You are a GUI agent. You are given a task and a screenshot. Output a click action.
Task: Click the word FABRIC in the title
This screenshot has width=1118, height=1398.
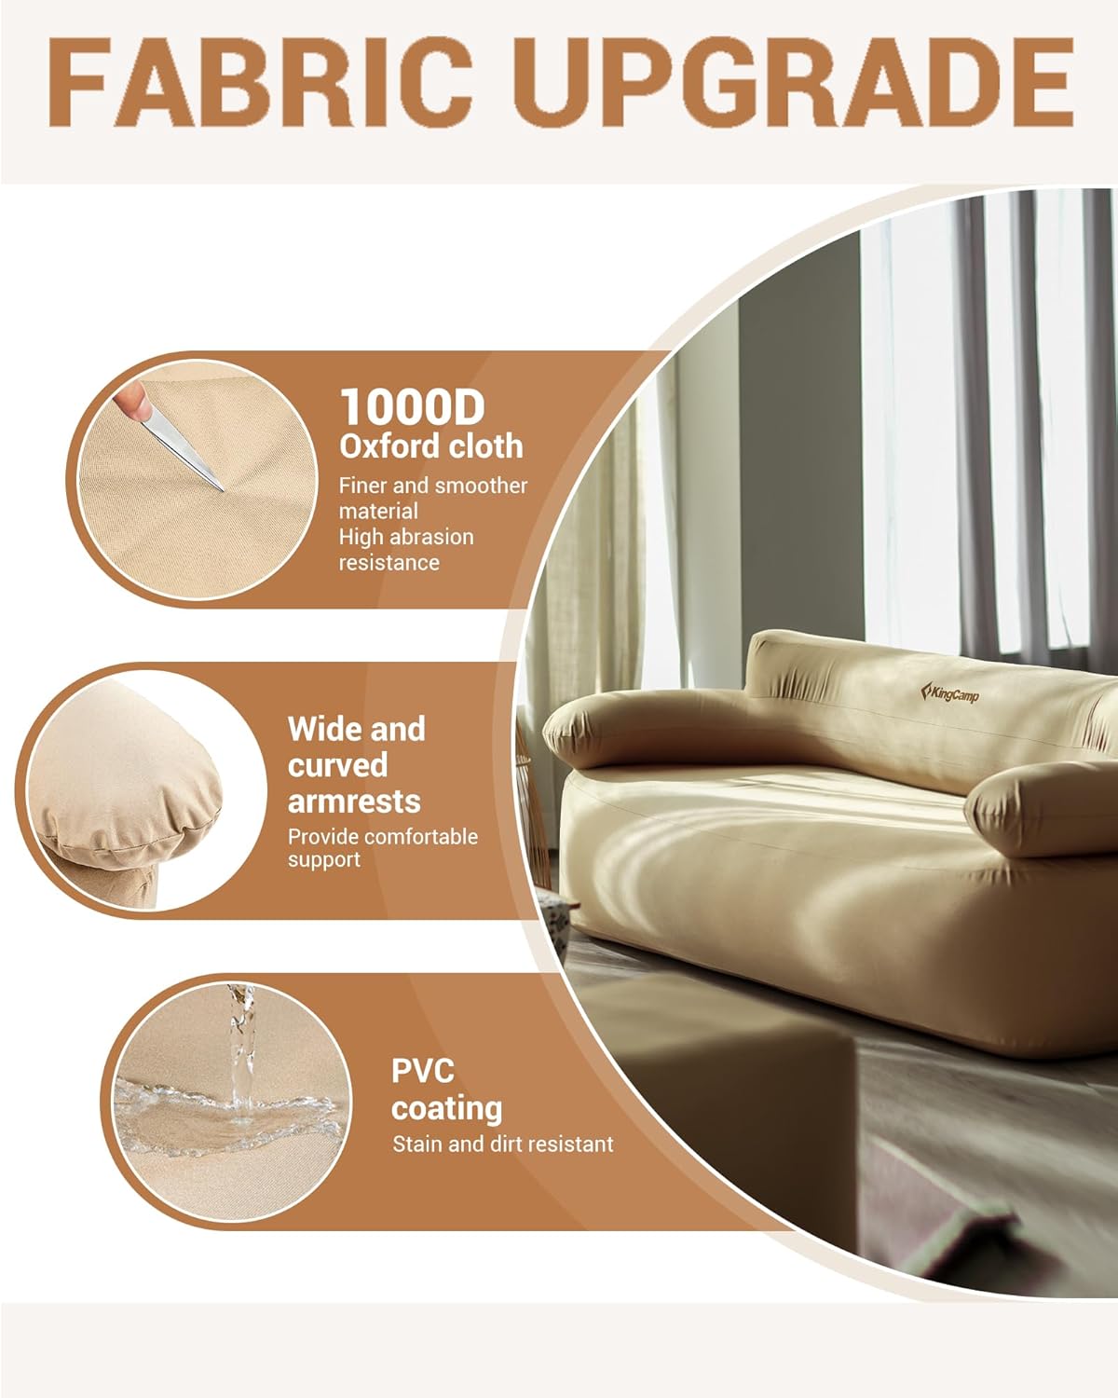point(261,82)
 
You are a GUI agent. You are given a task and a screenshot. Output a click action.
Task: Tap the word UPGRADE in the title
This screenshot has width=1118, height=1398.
point(795,82)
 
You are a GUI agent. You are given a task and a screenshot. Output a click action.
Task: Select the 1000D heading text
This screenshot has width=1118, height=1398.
point(413,407)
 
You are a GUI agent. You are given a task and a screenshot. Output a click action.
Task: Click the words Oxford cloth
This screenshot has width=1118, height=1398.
point(430,446)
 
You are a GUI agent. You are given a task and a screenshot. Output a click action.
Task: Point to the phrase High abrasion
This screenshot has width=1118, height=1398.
point(406,537)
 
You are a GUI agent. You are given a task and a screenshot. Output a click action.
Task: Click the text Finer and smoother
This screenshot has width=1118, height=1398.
point(432,486)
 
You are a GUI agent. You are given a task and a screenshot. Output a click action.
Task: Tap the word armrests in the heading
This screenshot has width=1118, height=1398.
point(354,801)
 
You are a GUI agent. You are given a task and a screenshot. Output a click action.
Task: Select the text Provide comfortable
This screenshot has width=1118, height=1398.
point(383,836)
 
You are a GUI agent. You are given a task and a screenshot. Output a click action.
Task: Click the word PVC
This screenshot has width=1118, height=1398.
point(423,1071)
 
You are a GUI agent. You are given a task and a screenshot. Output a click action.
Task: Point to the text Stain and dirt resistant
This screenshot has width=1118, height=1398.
point(503,1144)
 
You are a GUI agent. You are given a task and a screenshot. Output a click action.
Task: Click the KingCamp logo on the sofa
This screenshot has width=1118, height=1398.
point(949,692)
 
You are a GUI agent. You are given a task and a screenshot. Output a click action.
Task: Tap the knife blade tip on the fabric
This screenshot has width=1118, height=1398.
point(224,490)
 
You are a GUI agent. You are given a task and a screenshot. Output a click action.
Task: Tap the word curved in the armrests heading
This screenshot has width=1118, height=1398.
point(338,765)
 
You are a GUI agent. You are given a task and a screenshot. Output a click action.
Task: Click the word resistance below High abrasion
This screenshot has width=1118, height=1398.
point(389,562)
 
